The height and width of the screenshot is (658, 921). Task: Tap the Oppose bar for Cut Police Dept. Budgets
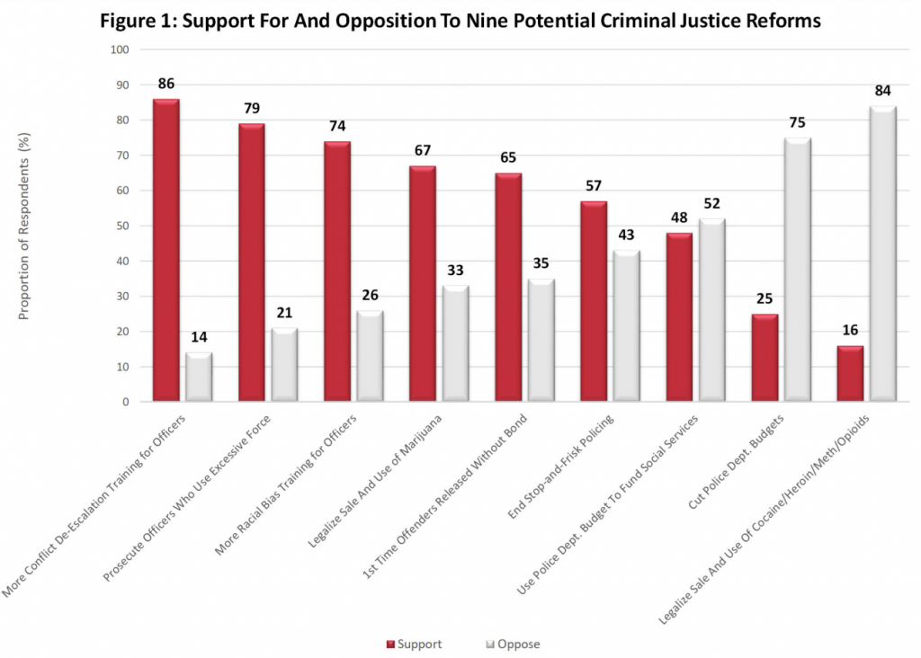click(797, 270)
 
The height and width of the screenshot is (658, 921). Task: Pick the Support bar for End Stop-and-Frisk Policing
click(594, 302)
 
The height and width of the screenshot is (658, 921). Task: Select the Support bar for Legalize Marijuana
click(422, 284)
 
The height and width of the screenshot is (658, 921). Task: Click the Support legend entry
click(416, 644)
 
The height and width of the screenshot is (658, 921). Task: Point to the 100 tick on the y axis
click(120, 49)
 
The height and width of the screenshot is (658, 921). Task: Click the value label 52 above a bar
click(712, 204)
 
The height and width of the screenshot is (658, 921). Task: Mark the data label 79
click(251, 109)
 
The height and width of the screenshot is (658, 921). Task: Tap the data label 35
click(540, 264)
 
